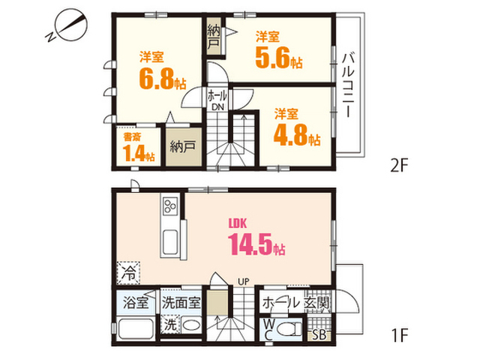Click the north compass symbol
pos(67,25)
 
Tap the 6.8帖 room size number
pos(163,78)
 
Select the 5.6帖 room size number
pos(279,58)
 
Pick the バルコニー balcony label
pos(348,85)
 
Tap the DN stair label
pos(218,106)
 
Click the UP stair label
pos(244,281)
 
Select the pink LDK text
pos(238,223)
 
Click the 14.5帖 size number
pos(256,244)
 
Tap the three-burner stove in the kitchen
pos(170,205)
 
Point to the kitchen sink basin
pos(170,242)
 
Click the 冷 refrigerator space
pos(128,273)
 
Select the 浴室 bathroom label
pos(136,302)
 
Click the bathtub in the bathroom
pos(136,328)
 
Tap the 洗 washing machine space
pos(170,325)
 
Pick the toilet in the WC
pos(289,329)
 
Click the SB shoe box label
pos(319,335)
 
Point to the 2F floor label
pos(400,166)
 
